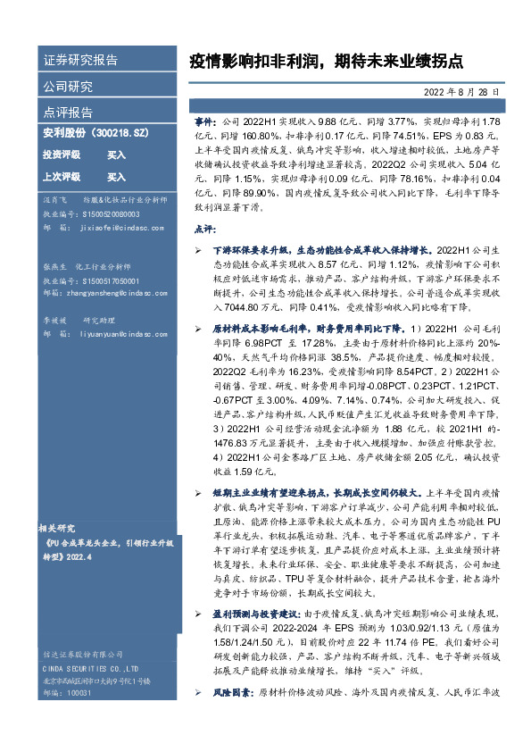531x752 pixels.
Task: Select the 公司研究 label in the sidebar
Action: pos(68,87)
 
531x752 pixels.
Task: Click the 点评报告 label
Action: pos(68,113)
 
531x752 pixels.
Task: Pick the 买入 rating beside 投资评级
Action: pos(116,155)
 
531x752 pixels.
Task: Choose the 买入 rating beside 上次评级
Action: pos(116,177)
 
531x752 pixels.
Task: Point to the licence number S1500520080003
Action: pos(110,214)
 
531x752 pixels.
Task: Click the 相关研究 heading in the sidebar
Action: pos(62,528)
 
